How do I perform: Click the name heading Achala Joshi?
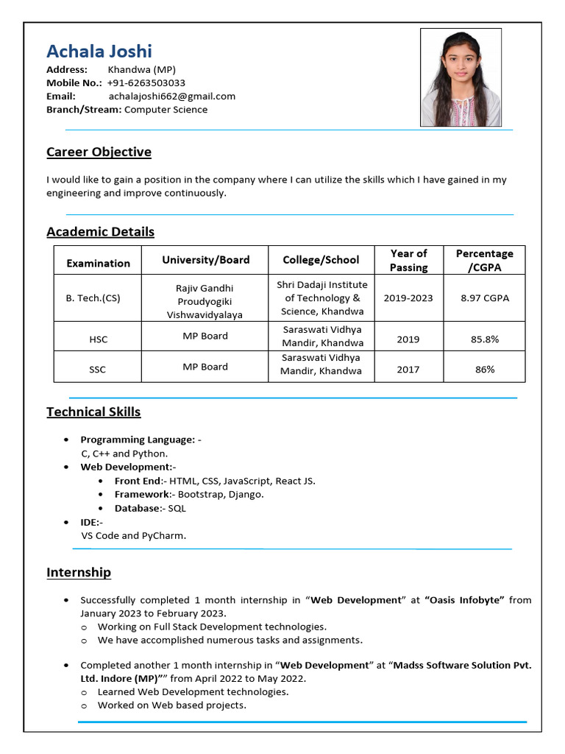click(x=99, y=51)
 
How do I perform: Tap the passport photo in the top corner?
click(x=461, y=77)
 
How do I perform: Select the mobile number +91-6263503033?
click(x=146, y=82)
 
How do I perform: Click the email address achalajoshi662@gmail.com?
click(x=172, y=96)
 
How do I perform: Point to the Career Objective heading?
click(x=99, y=152)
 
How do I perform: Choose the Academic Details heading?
click(x=100, y=231)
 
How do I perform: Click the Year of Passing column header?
click(x=408, y=260)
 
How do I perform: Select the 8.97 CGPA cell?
click(x=485, y=298)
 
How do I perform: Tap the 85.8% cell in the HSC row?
click(x=485, y=339)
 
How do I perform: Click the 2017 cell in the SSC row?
click(x=408, y=370)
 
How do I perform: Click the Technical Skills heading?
click(x=93, y=412)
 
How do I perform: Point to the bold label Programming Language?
click(x=138, y=440)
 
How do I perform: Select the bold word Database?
click(x=137, y=508)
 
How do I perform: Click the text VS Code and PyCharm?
click(x=134, y=535)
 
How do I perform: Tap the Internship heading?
click(x=79, y=572)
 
